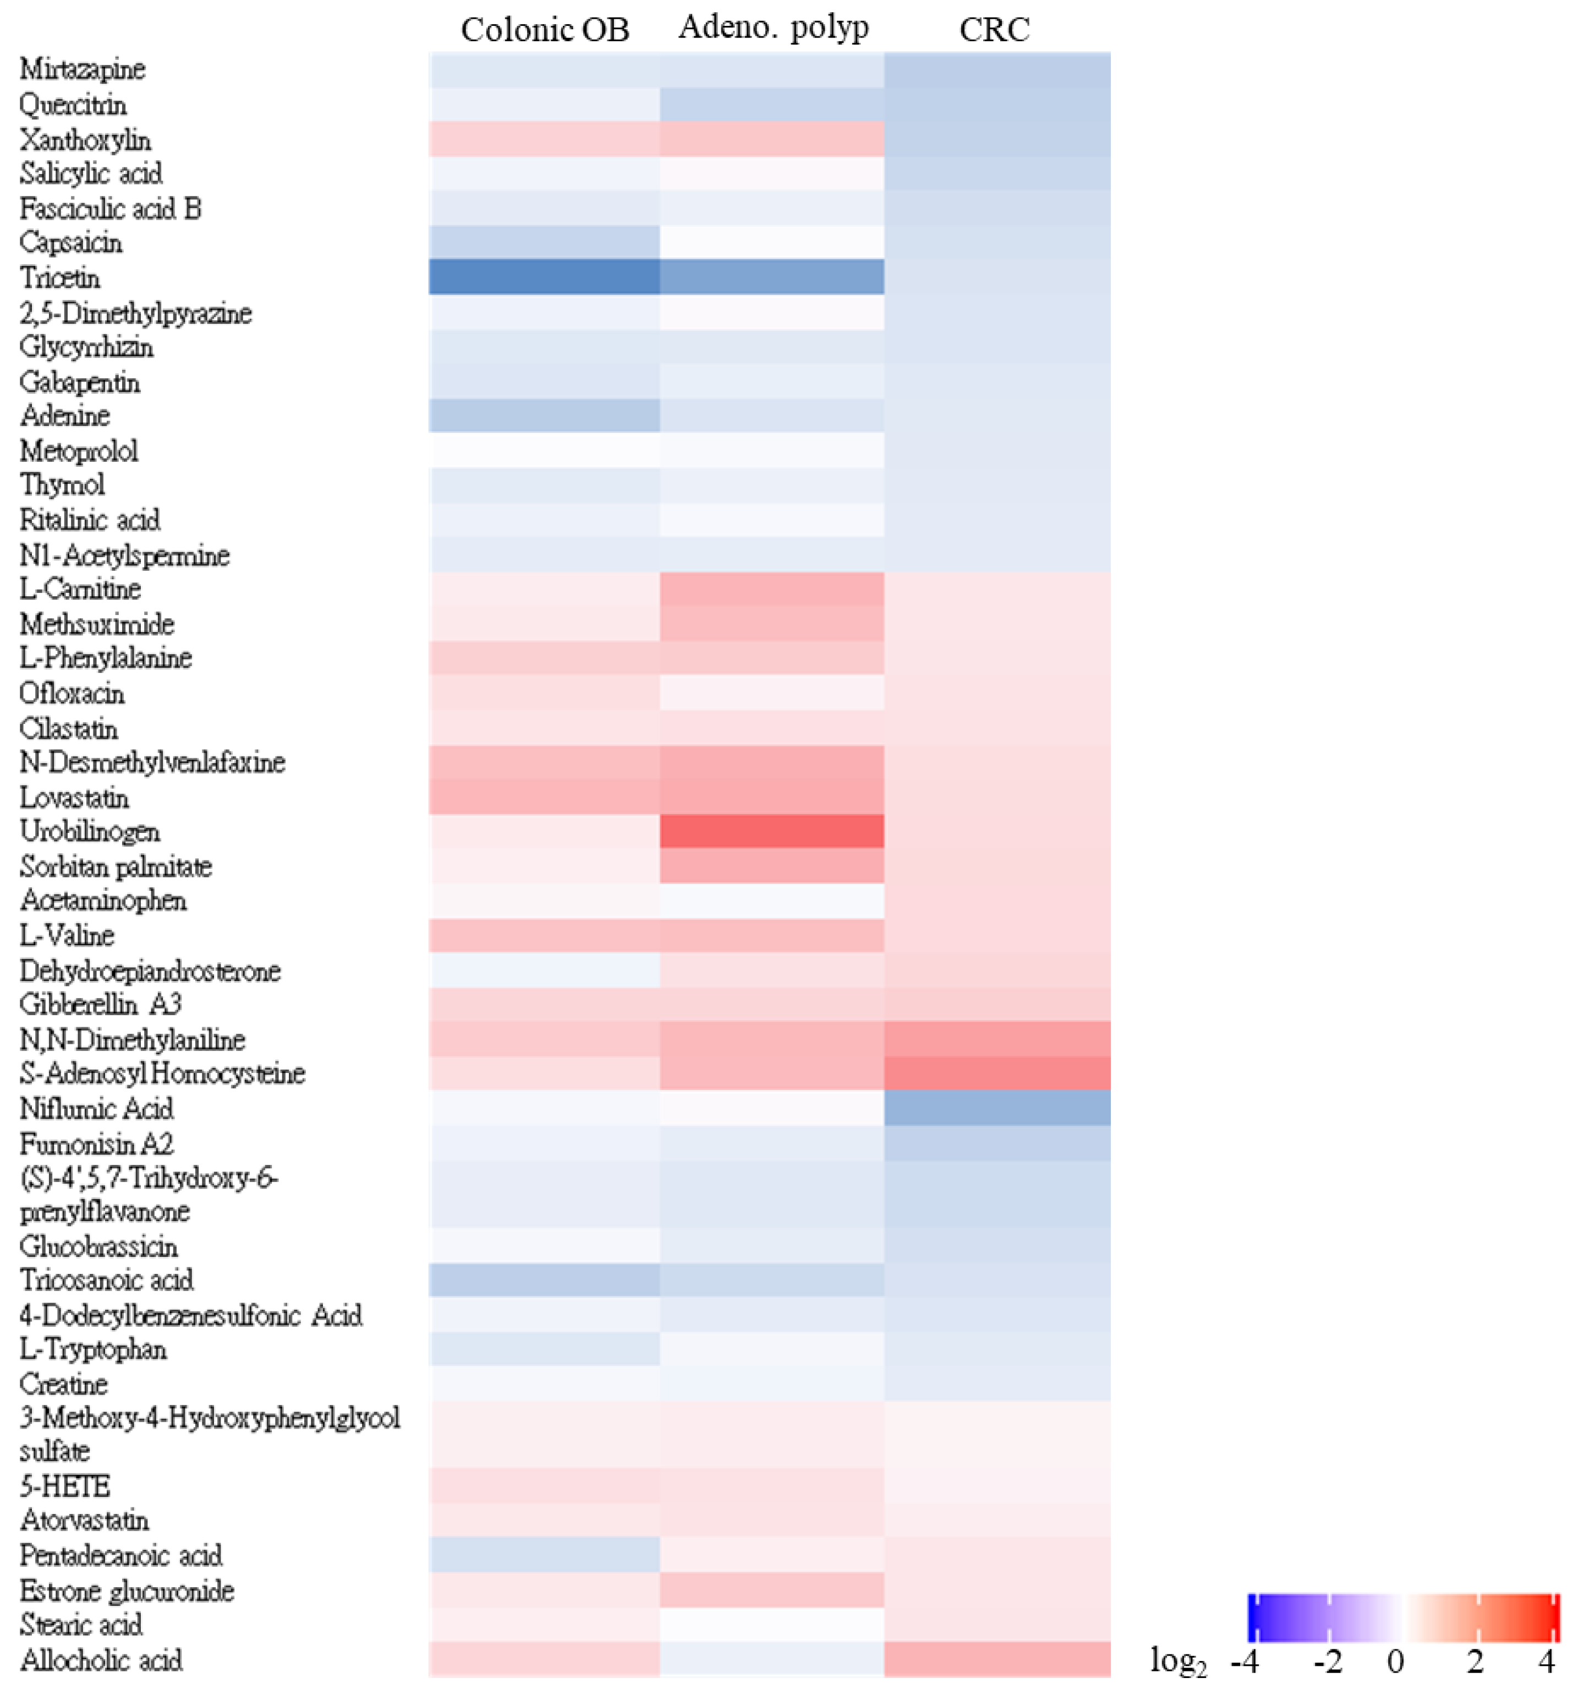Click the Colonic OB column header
click(x=545, y=30)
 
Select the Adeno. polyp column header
click(x=773, y=28)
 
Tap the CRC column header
click(x=994, y=30)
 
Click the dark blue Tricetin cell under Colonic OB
click(x=544, y=277)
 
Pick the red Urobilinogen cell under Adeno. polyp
click(x=772, y=831)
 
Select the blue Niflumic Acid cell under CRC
click(x=997, y=1108)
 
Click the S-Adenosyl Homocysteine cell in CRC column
click(x=997, y=1073)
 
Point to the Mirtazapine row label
click(x=83, y=69)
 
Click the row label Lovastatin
click(x=75, y=798)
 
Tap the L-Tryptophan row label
click(x=94, y=1349)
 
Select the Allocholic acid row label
click(x=101, y=1659)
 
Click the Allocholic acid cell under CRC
click(x=997, y=1659)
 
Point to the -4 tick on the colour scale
click(x=1245, y=1662)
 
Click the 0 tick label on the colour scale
click(x=1395, y=1662)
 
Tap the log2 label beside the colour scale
click(x=1178, y=1662)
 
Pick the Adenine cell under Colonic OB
click(x=544, y=416)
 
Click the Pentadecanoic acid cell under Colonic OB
click(x=544, y=1555)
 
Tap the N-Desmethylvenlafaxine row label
click(x=152, y=762)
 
